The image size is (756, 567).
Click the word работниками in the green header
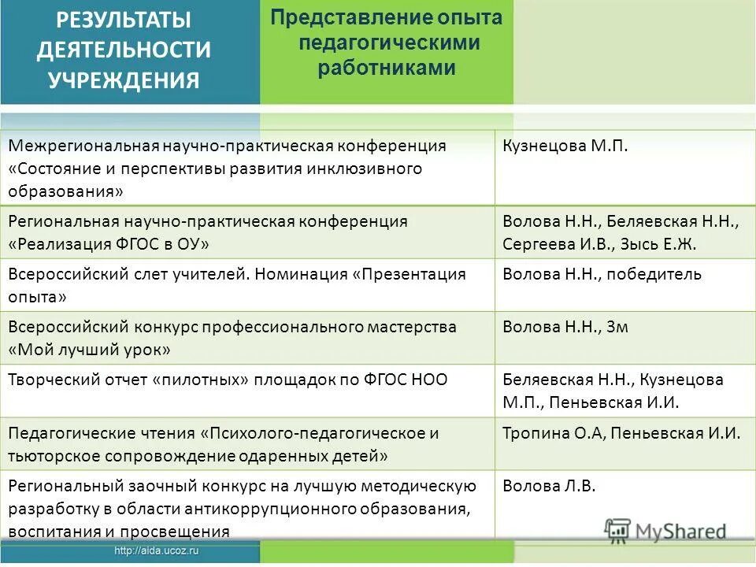point(387,68)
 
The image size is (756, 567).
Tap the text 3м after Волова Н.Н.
point(617,327)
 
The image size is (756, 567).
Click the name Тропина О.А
point(553,433)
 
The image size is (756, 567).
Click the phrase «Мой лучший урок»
point(90,349)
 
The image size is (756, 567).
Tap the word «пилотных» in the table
point(202,380)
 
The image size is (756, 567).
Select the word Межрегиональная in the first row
point(83,146)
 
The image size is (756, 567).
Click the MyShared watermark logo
point(665,530)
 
